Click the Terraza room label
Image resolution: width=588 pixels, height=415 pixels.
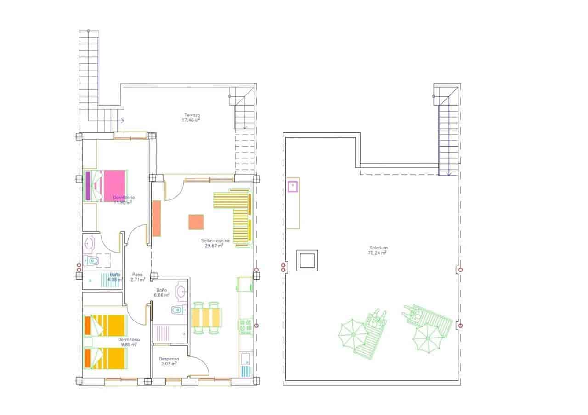[192, 115]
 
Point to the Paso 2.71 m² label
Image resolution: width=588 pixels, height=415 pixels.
[137, 275]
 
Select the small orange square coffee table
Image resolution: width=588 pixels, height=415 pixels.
[196, 222]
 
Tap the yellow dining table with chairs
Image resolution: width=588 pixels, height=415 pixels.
[206, 317]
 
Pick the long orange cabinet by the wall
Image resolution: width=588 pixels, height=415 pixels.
[157, 219]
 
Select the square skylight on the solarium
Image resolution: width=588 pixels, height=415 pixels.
[307, 260]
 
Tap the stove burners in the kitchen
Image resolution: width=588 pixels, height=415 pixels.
[245, 326]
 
